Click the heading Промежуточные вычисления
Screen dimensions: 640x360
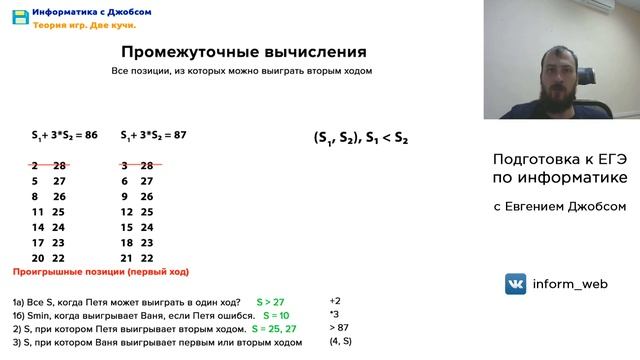[x=243, y=52]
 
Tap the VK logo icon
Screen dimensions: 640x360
[x=516, y=284]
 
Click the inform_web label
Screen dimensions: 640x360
[x=571, y=284]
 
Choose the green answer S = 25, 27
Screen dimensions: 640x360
[x=274, y=328]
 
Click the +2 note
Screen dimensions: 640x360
[x=335, y=300]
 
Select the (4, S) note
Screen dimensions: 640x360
[x=341, y=342]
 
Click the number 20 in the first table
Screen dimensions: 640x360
[x=37, y=258]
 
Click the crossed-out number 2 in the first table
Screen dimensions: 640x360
[x=35, y=164]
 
